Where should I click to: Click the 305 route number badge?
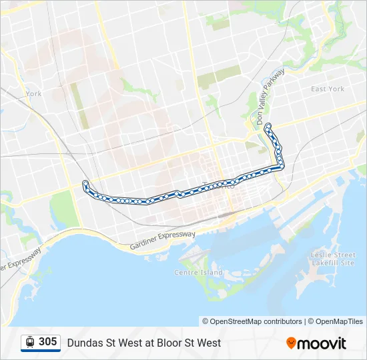[47, 342]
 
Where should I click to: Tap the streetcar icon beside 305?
[30, 342]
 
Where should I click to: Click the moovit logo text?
[322, 343]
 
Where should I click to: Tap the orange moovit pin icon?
[291, 343]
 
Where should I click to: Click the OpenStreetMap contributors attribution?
[256, 321]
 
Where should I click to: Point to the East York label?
[327, 89]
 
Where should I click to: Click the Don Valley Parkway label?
[270, 97]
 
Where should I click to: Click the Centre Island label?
[198, 272]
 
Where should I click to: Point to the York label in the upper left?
[33, 94]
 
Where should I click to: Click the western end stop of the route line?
[85, 183]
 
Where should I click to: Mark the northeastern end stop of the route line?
[268, 126]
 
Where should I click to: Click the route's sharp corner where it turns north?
[281, 166]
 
